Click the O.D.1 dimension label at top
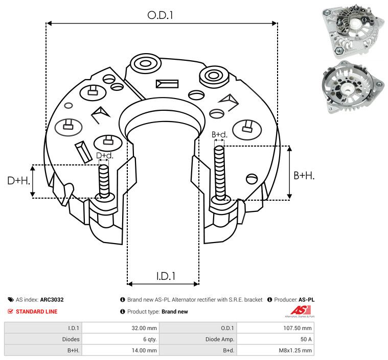point(161,15)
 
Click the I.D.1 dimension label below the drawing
point(166,276)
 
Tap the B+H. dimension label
point(304,175)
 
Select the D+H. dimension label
point(18,181)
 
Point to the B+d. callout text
point(219,135)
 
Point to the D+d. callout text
point(104,155)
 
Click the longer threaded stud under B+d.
point(220,174)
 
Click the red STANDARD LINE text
point(36,311)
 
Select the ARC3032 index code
point(52,300)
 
